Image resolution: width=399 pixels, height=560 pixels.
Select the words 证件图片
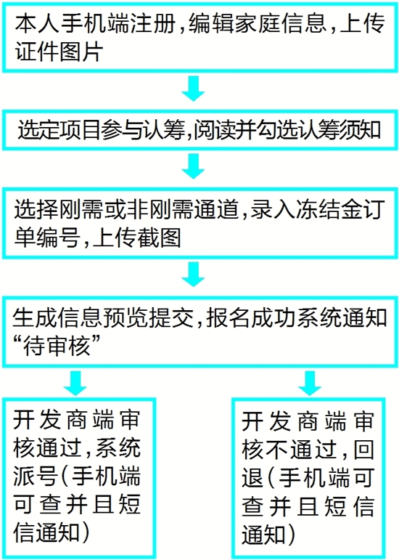click(59, 52)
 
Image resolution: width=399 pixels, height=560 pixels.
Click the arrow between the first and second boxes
click(193, 88)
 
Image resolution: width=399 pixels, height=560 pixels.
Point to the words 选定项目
click(59, 129)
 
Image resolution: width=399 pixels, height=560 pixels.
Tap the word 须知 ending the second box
click(361, 129)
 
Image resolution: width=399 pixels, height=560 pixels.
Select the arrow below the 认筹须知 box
click(193, 166)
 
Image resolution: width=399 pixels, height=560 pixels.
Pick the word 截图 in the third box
click(160, 238)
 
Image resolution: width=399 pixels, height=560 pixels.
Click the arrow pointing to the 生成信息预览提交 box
click(193, 275)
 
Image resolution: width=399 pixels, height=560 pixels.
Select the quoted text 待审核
click(56, 346)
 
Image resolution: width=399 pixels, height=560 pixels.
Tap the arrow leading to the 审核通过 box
click(75, 383)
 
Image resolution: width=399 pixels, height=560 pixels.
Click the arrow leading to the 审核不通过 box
click(310, 383)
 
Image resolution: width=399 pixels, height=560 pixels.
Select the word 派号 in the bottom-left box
click(36, 476)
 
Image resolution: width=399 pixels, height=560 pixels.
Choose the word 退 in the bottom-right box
click(253, 478)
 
